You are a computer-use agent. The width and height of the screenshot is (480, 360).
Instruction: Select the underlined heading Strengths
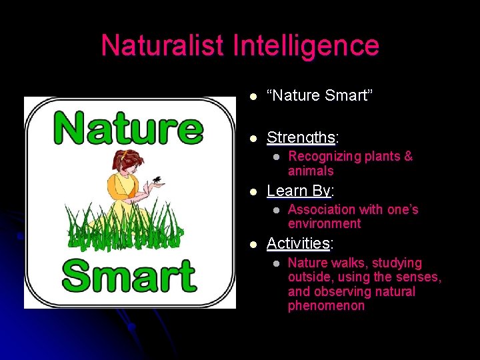click(x=300, y=138)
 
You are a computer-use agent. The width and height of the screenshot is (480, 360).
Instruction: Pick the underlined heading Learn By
click(x=298, y=191)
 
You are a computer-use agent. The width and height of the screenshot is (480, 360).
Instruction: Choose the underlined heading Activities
click(x=298, y=243)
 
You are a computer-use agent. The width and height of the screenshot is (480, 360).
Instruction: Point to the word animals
click(x=311, y=171)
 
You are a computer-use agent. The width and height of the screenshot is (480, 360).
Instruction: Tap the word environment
click(x=324, y=224)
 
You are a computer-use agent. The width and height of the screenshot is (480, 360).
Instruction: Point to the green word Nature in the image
click(x=129, y=129)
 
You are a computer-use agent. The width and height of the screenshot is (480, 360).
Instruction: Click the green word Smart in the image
click(x=130, y=275)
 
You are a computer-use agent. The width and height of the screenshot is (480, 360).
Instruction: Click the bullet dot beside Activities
click(x=253, y=244)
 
